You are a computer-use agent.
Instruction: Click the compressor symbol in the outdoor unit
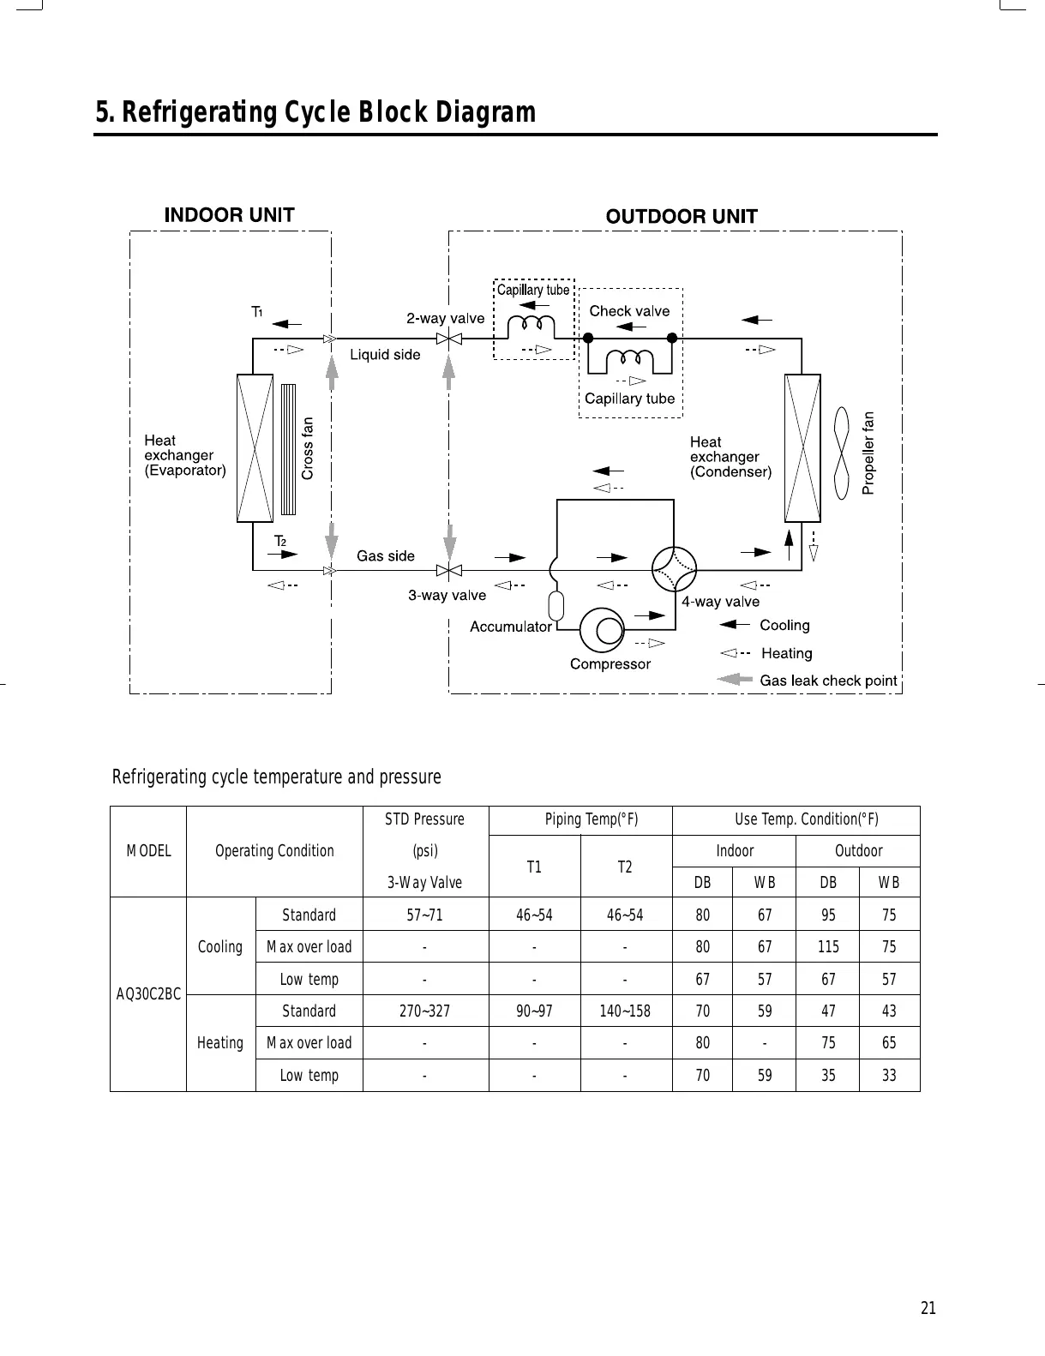point(604,631)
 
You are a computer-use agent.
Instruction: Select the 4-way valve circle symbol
point(674,569)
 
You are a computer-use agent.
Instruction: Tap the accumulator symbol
point(556,605)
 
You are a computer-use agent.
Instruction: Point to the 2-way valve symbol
point(447,339)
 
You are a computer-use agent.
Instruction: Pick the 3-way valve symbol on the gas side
point(447,570)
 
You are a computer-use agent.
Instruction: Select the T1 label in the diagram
point(256,312)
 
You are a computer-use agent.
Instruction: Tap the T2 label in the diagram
point(279,541)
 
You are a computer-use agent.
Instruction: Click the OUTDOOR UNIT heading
point(682,216)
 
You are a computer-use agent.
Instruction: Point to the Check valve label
point(629,311)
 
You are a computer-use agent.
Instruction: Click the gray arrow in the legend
point(734,680)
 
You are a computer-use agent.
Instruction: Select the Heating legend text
point(786,653)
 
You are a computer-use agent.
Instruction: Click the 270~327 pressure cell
point(424,1011)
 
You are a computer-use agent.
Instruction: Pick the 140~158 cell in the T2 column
point(625,1011)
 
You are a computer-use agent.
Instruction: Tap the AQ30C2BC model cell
point(148,994)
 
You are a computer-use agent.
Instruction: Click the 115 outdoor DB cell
point(828,947)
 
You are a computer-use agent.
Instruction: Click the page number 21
point(928,1308)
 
